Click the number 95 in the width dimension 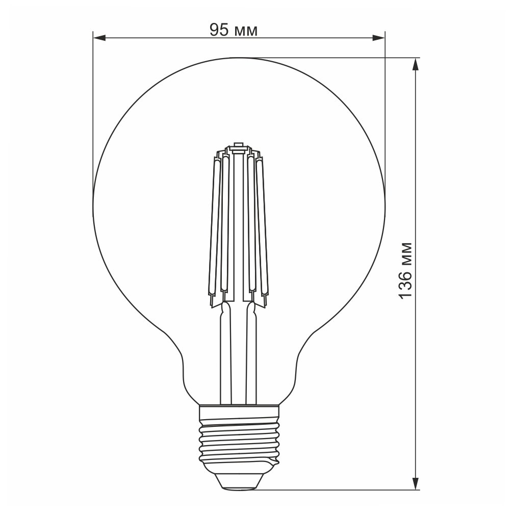(219, 30)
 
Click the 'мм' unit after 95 (245, 32)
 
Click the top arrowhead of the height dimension (416, 64)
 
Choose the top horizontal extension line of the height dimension (331, 57)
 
